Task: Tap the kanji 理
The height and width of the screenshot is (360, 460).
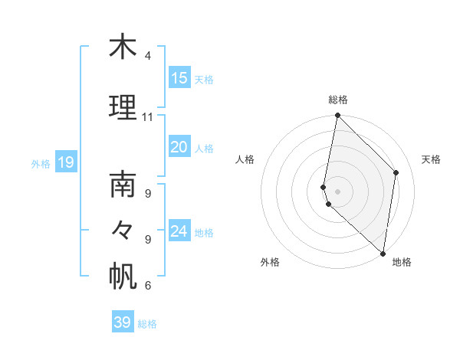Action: pos(123,108)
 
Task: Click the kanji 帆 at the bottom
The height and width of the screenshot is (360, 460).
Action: pos(123,277)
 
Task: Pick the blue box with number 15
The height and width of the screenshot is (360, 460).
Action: pos(179,78)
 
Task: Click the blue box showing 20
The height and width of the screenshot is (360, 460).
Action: pos(179,148)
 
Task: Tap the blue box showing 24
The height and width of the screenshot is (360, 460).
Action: pos(179,231)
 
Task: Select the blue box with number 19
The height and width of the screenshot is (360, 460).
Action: pos(65,162)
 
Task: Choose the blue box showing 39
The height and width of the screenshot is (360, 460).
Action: pos(123,322)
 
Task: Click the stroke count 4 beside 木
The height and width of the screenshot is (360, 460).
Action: pos(148,57)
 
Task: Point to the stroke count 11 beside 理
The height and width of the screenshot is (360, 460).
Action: pos(148,117)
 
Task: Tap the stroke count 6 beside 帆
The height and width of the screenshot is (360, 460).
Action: pos(148,286)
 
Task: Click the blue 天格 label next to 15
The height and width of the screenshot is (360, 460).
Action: pos(204,79)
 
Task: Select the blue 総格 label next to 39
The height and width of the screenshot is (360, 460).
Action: pos(147,324)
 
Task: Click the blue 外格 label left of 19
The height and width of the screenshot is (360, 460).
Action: pos(41,163)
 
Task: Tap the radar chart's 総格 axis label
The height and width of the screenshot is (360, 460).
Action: pos(338,100)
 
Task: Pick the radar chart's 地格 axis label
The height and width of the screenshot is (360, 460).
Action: pos(402,262)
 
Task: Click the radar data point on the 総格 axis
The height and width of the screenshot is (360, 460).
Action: pos(337,116)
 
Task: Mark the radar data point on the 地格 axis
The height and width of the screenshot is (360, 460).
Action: pos(383,253)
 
